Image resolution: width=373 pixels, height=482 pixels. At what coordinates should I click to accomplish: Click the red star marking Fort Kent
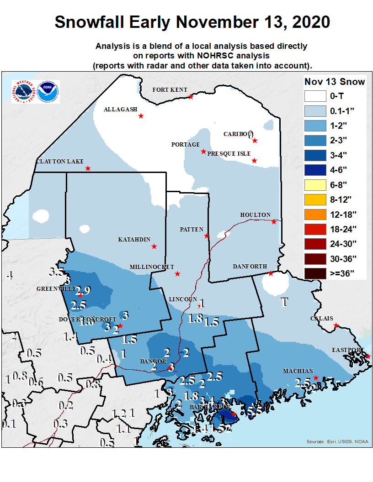coord(191,97)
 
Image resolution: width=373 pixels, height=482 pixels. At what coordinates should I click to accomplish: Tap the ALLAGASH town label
coord(120,110)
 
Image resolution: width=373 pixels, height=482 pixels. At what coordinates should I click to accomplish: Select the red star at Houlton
coord(274,222)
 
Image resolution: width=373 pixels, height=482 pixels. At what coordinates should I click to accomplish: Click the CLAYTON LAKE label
coord(60,162)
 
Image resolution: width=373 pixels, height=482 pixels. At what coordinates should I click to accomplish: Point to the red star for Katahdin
coord(154,246)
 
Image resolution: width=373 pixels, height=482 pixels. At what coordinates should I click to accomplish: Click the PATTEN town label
coord(192,230)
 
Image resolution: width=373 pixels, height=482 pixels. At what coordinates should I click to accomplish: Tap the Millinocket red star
coord(177,274)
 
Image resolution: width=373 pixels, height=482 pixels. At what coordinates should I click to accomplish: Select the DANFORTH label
coord(250,267)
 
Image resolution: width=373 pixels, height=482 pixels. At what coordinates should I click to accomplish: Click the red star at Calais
coord(336,325)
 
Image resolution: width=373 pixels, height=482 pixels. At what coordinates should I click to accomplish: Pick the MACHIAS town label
coord(298,371)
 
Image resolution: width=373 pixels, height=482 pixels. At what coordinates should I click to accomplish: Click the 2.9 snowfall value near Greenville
coord(83,290)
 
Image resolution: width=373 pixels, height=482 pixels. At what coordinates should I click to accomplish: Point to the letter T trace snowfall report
coord(284,302)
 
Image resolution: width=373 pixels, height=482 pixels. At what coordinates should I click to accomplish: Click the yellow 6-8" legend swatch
coord(314,185)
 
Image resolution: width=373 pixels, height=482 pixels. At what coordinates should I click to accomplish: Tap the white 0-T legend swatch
coord(314,96)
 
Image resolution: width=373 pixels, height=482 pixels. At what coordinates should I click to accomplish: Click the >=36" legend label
coord(341,274)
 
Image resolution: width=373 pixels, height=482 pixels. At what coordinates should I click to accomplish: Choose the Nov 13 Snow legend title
coord(335,82)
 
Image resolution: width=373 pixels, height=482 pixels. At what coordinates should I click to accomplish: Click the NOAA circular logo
coord(48,92)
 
